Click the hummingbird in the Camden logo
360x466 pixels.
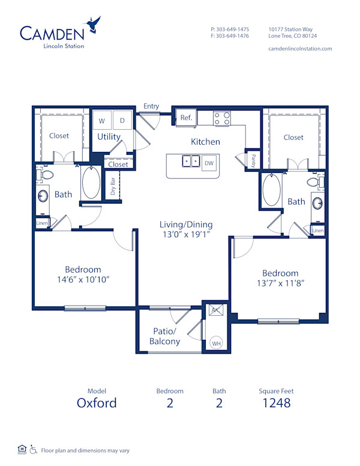click(x=92, y=25)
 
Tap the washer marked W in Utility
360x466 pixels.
click(x=102, y=121)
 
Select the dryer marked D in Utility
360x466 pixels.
click(x=122, y=121)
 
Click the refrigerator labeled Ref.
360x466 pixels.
click(x=186, y=118)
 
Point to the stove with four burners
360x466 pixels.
click(x=222, y=118)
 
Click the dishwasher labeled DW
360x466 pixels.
click(x=209, y=163)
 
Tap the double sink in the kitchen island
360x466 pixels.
click(x=191, y=162)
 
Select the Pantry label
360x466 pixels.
click(x=253, y=161)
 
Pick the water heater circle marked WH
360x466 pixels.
click(x=216, y=343)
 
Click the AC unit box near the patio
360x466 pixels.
click(x=215, y=310)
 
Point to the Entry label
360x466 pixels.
click(x=151, y=106)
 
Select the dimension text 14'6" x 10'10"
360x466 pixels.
click(x=83, y=279)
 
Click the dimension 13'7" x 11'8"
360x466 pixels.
click(x=280, y=283)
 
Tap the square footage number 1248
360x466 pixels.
click(x=276, y=402)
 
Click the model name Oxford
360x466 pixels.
click(x=97, y=402)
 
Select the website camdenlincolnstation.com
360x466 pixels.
click(x=300, y=49)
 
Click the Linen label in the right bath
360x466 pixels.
click(x=318, y=231)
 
